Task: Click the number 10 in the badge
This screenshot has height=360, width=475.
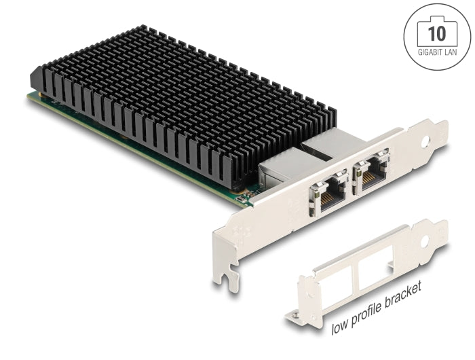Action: tap(438, 32)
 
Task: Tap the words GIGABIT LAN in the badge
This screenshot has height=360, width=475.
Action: tap(438, 51)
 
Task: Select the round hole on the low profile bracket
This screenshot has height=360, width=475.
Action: tap(426, 240)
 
